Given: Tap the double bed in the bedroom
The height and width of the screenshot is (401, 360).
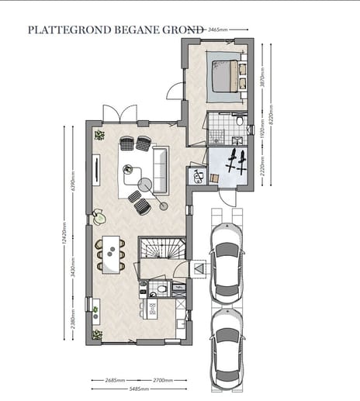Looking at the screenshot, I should [x=226, y=76].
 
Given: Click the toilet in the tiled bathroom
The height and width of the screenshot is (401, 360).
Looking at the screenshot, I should [x=241, y=123].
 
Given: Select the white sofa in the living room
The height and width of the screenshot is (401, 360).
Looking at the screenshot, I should [x=161, y=169].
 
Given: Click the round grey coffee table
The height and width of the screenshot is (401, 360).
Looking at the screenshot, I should [x=144, y=185].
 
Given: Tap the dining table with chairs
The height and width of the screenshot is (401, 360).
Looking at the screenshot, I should [x=110, y=254].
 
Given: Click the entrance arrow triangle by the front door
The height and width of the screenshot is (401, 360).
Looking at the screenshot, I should [x=198, y=268].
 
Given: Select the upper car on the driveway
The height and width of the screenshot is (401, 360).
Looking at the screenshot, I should [x=227, y=261].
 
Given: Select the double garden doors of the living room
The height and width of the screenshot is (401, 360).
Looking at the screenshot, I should [x=119, y=113].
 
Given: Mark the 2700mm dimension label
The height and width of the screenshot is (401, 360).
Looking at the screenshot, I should [x=165, y=381].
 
